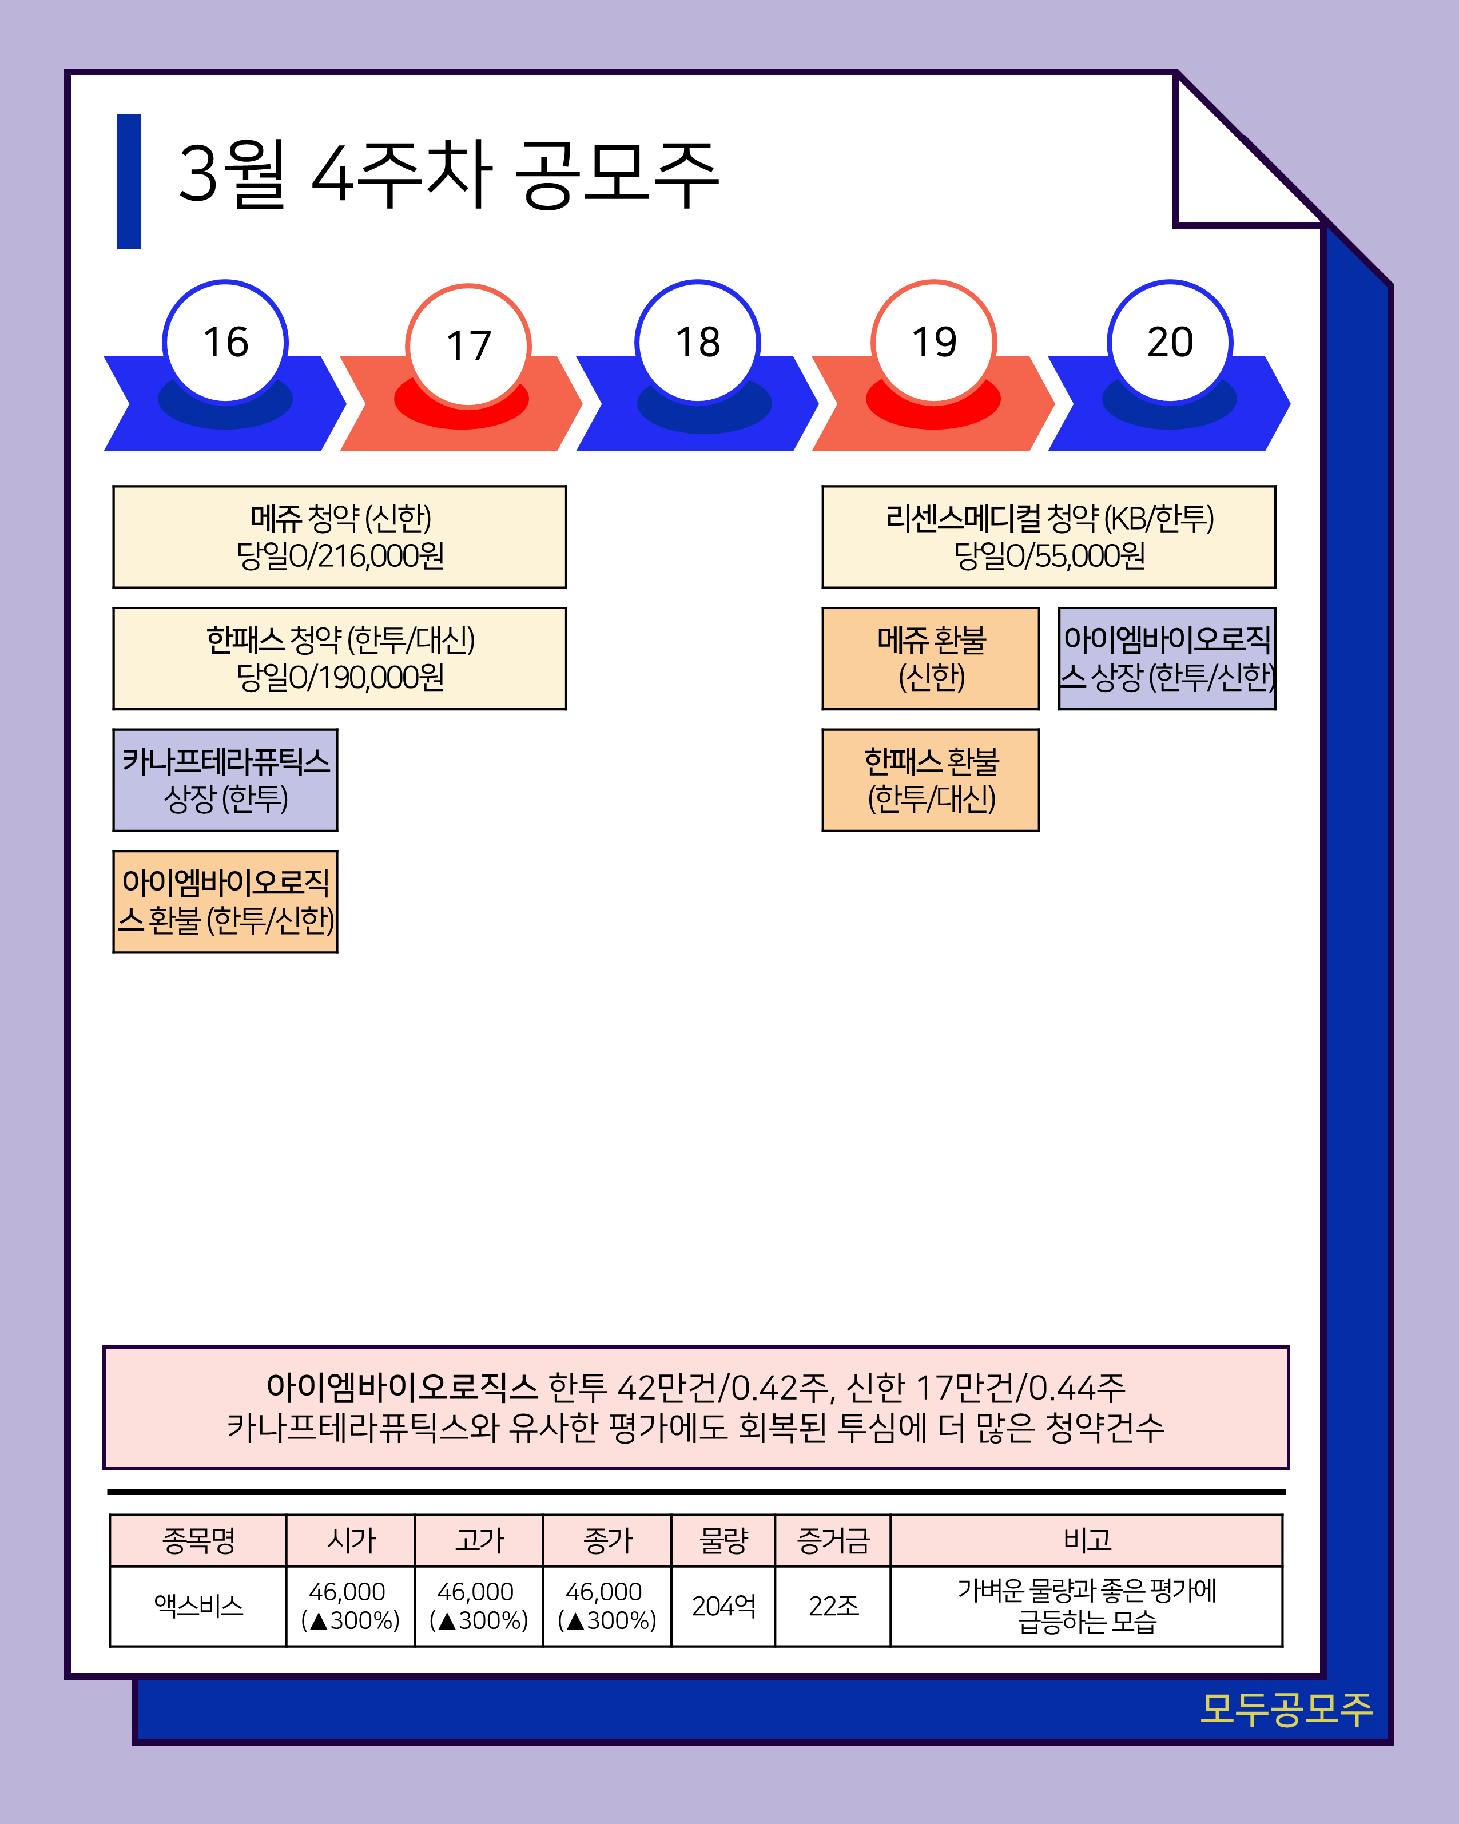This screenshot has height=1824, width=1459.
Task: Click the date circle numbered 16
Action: [225, 342]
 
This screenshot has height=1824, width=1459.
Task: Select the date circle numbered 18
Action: [697, 342]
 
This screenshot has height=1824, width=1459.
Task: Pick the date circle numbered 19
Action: [934, 342]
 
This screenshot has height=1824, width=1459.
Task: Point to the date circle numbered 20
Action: [1170, 342]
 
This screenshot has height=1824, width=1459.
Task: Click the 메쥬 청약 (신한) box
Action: [339, 537]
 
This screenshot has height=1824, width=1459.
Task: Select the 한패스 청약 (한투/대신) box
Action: [339, 658]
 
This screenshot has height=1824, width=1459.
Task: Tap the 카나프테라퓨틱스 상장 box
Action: [225, 780]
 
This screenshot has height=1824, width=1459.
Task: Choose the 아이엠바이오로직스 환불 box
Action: [225, 902]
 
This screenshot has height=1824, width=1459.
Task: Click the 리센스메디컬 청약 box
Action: [1049, 537]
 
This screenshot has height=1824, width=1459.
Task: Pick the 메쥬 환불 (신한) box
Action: [931, 658]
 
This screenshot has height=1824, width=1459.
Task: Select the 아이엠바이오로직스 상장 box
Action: [1167, 658]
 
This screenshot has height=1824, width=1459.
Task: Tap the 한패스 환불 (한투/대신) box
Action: [931, 780]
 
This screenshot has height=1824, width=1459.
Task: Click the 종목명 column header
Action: [198, 1540]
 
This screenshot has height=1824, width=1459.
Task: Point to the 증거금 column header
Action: [833, 1540]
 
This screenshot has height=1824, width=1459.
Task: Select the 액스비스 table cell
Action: [198, 1606]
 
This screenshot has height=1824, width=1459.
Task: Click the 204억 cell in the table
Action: [723, 1606]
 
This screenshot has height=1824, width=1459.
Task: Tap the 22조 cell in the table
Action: [833, 1606]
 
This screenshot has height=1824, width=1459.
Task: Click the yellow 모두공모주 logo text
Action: [1286, 1710]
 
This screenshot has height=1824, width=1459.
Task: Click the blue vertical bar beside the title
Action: [129, 181]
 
